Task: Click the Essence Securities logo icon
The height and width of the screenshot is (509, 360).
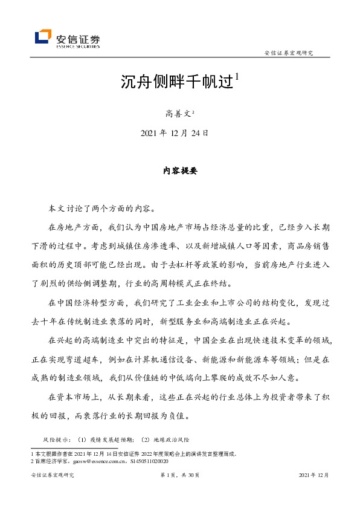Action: coord(43,37)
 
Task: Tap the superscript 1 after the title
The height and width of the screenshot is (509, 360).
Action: coord(237,77)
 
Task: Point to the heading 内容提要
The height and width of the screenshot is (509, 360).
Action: coord(179,170)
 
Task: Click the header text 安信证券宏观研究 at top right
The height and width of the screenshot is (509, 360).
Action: coord(289,53)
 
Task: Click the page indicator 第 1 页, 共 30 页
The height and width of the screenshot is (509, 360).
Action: coord(179,475)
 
